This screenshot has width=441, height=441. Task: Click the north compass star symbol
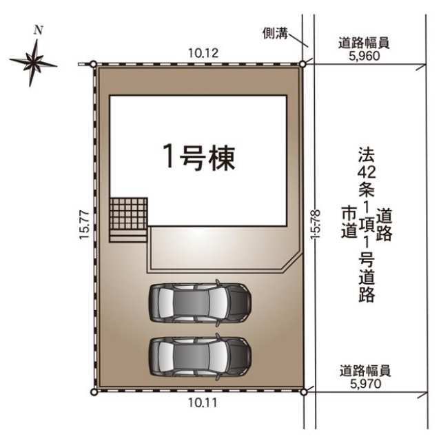point(33,63)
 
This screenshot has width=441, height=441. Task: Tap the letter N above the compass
point(39,30)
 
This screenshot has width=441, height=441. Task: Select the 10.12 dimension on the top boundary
point(203,53)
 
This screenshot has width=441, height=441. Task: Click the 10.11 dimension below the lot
point(203,402)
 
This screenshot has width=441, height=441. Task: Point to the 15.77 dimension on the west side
point(84,225)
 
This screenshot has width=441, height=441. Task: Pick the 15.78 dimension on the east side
point(316,225)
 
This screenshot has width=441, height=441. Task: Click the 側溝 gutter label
point(276,34)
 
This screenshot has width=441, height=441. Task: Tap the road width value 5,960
point(365,56)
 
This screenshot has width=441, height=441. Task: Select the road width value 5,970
point(366,383)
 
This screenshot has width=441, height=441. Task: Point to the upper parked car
point(200,303)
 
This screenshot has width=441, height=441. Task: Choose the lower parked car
point(200,357)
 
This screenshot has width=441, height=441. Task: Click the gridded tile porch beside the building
point(128,220)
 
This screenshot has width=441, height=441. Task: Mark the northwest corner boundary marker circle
point(94,64)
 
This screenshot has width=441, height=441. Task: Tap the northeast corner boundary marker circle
point(302,64)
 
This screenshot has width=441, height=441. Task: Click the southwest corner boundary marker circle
point(94,391)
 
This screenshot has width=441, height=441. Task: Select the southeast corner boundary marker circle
point(303,391)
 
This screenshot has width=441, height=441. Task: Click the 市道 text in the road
point(349,222)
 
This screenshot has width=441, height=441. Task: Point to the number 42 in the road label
point(367,172)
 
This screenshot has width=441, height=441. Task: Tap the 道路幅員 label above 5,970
point(365,371)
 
